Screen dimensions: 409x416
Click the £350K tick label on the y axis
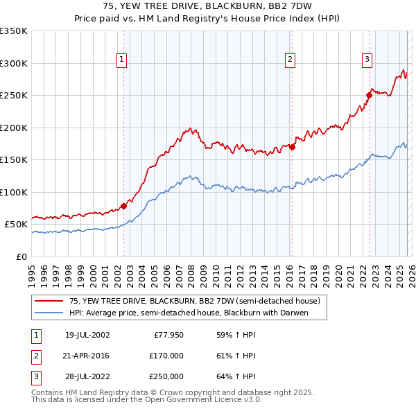coord(14,31)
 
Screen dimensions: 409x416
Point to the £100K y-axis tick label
coord(14,192)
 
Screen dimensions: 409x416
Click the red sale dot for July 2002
coord(124,206)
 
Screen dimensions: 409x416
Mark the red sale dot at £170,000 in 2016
coord(293,147)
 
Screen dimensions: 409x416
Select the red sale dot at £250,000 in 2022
coord(369,96)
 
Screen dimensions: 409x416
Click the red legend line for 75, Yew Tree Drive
coord(49,302)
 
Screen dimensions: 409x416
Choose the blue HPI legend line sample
coord(49,313)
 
